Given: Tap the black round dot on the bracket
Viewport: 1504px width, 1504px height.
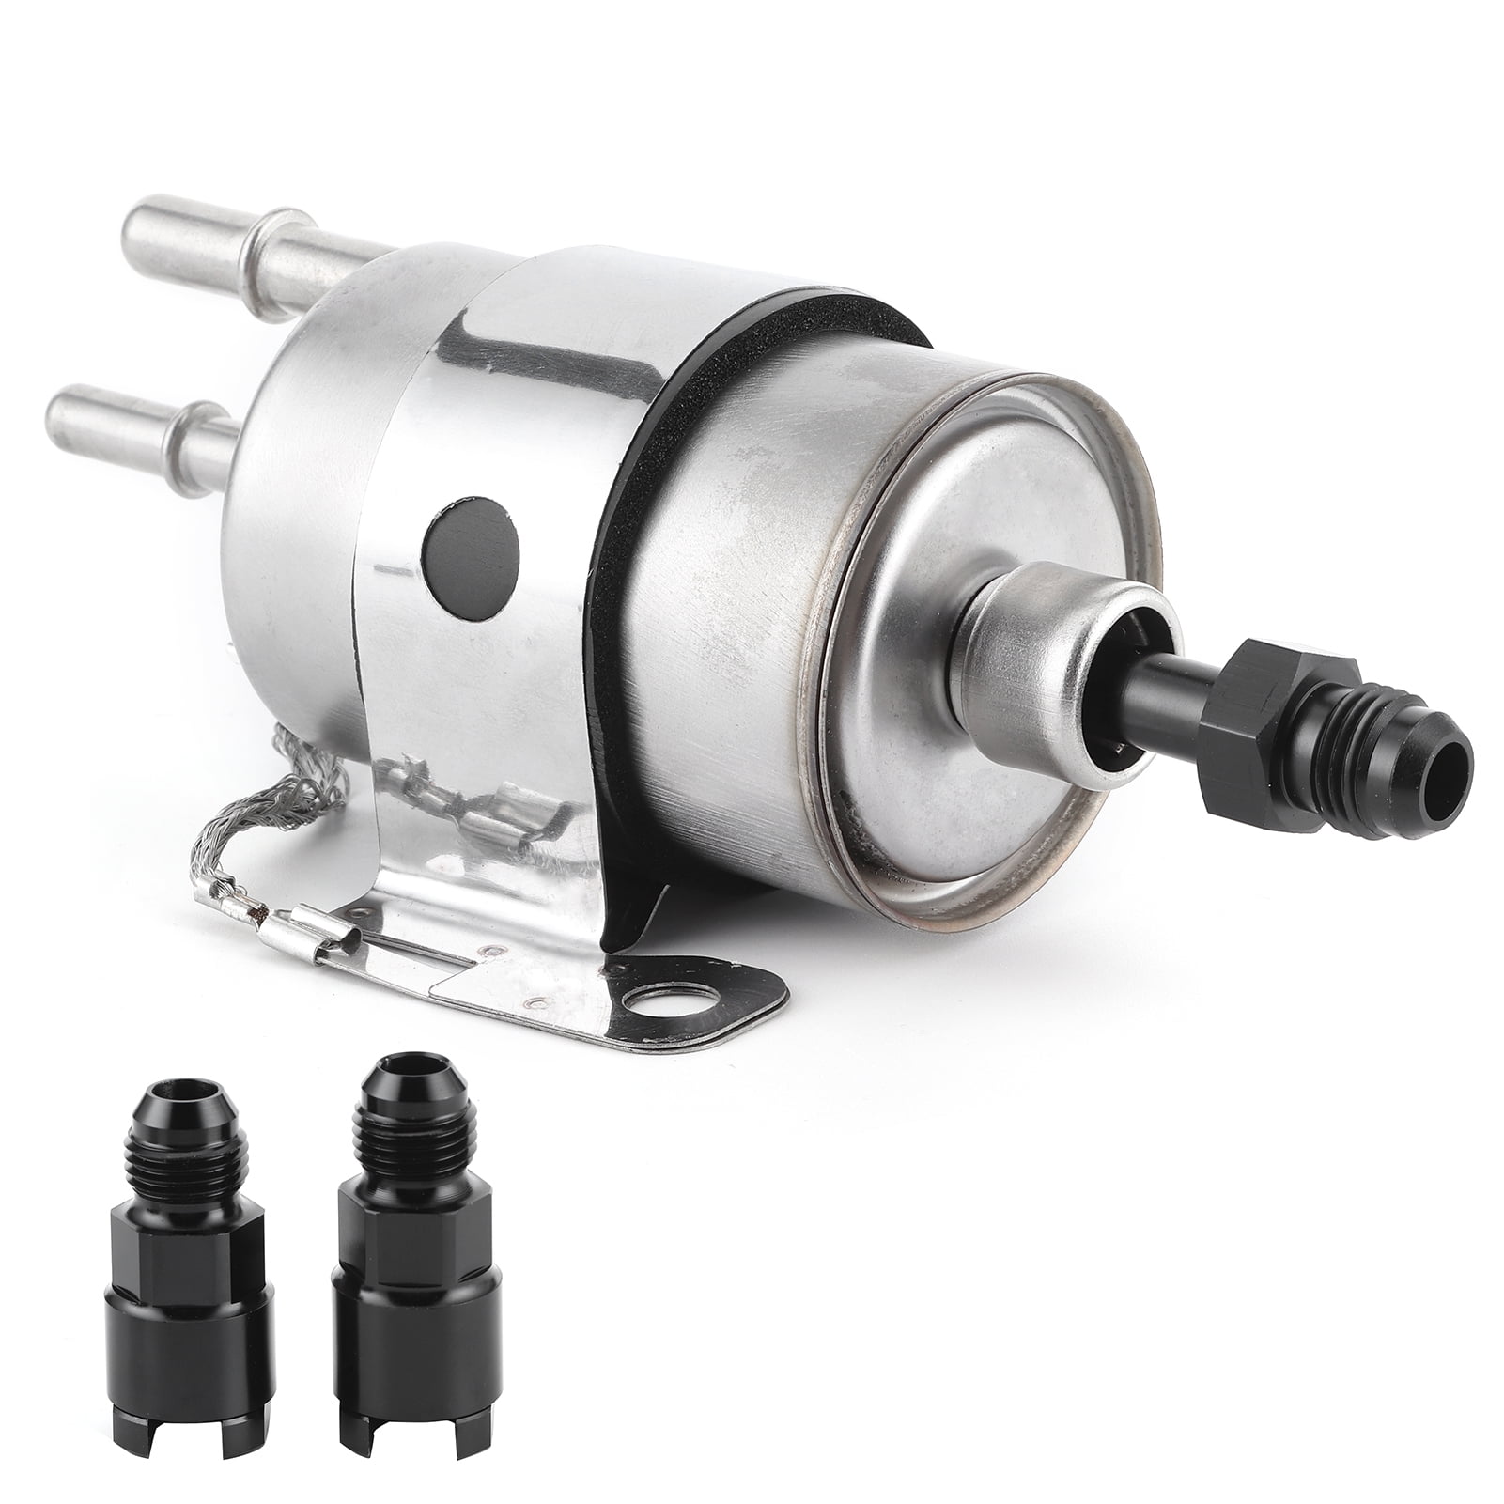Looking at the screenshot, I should coord(471,554).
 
